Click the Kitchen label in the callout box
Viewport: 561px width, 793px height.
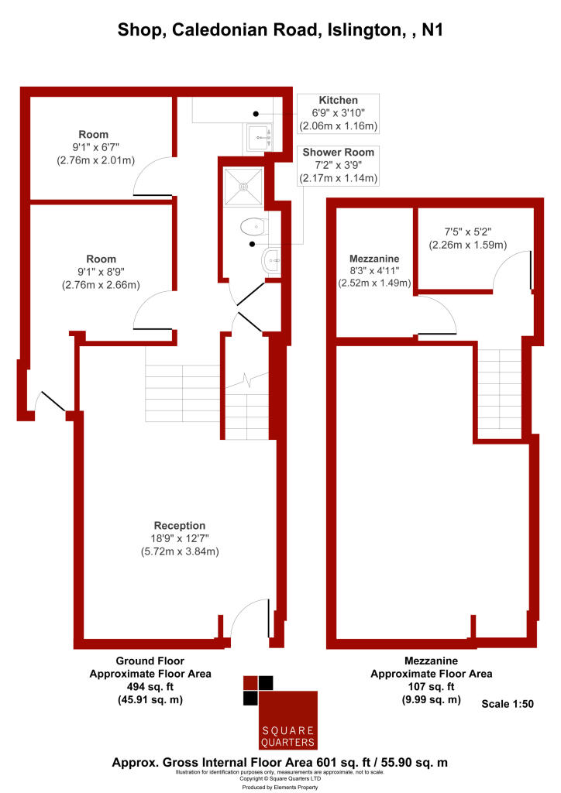click(339, 101)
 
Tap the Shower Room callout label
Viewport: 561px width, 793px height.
click(339, 151)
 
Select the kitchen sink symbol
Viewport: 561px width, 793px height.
click(259, 139)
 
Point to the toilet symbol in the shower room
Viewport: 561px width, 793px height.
click(252, 227)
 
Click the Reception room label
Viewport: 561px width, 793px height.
click(180, 525)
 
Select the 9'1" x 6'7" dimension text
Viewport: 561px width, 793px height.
click(94, 148)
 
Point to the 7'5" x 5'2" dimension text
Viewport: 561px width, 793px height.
click(468, 231)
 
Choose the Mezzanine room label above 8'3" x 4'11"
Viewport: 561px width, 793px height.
click(374, 259)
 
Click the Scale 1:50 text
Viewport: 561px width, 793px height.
click(508, 704)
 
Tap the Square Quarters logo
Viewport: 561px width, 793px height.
click(280, 713)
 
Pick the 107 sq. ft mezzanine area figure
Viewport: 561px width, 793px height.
click(432, 687)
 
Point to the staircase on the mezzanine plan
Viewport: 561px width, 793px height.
click(500, 394)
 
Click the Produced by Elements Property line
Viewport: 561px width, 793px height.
click(280, 787)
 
